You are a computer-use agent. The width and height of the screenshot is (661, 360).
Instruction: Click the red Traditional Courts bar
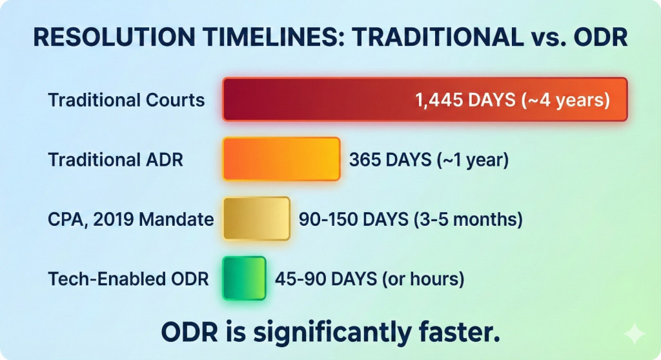[x=425, y=99]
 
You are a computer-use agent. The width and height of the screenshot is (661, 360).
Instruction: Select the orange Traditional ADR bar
[x=281, y=159]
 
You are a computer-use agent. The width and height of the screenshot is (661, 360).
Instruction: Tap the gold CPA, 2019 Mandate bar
[x=256, y=219]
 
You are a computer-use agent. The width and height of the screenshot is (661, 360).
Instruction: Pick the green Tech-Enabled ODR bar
[x=245, y=278]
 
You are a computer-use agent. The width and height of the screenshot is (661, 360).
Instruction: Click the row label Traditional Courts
[x=127, y=101]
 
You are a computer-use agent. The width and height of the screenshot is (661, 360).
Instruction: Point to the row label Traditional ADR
[x=116, y=160]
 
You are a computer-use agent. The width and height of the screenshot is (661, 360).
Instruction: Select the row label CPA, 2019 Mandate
[x=130, y=219]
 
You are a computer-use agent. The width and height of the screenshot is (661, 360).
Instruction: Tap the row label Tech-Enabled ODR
[x=128, y=279]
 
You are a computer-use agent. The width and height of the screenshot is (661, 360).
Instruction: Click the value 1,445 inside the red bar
[x=439, y=101]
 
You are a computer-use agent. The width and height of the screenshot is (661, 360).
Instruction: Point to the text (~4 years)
[x=565, y=101]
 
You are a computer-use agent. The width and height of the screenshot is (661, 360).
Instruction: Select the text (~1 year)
[x=473, y=160]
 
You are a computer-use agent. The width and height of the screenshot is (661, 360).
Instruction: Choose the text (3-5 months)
[x=468, y=219]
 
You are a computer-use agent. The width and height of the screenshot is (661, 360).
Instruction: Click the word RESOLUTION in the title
[x=114, y=37]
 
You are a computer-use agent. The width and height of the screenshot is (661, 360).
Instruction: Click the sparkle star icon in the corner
[x=634, y=334]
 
